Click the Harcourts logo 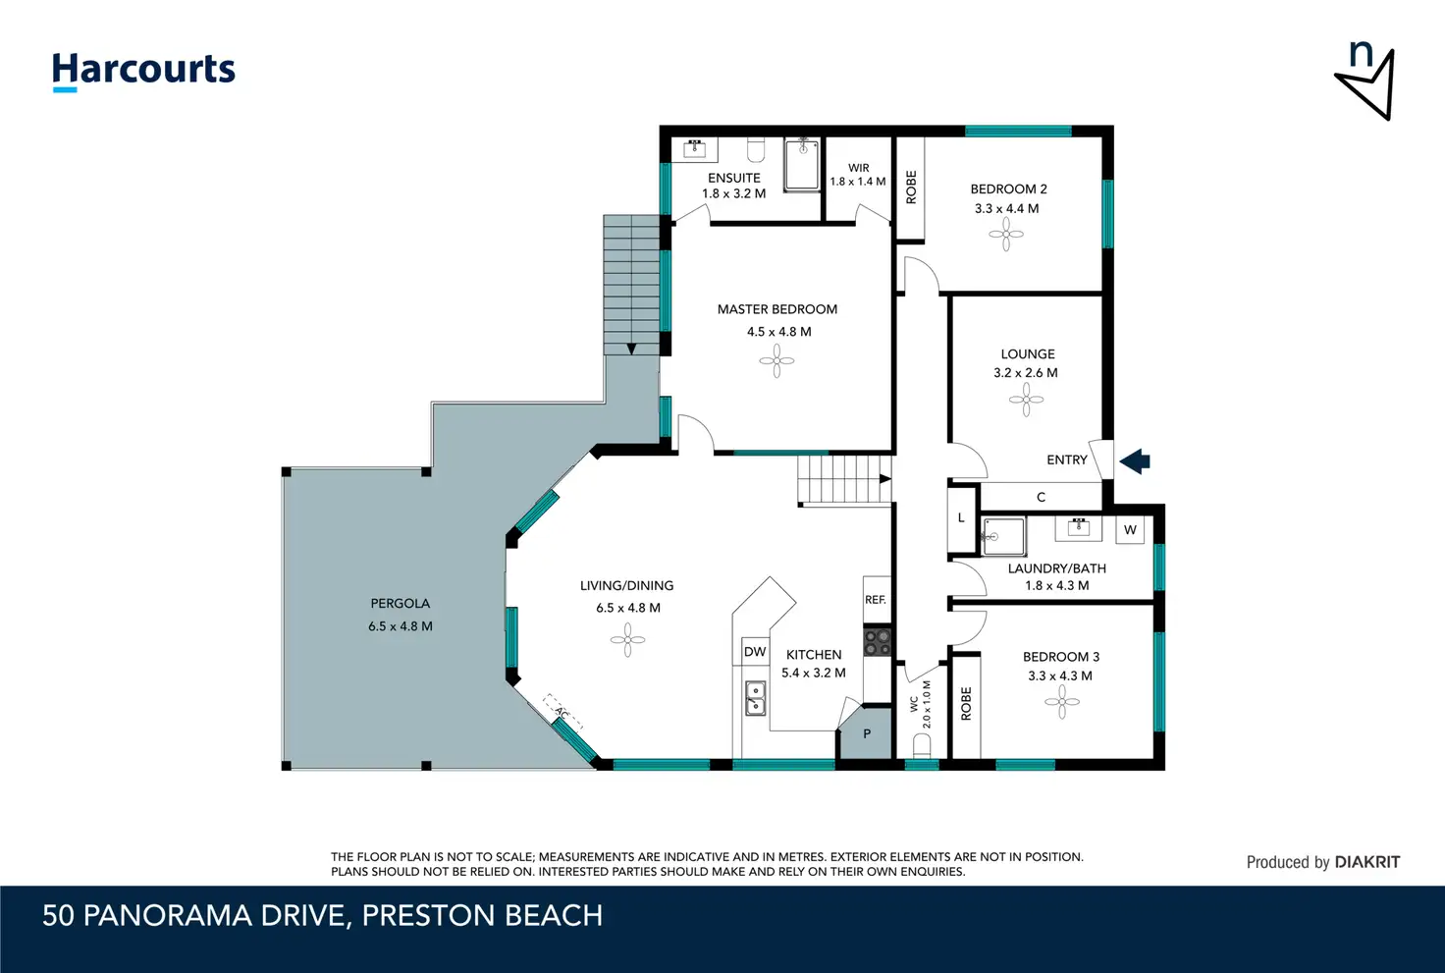tap(143, 72)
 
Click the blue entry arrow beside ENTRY tap(1135, 461)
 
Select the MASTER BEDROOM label tap(777, 309)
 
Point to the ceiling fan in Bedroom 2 tap(1005, 234)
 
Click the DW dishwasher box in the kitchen tap(755, 652)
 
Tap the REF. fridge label tap(876, 600)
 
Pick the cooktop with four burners tap(878, 641)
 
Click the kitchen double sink tap(756, 698)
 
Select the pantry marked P tap(867, 733)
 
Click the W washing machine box tap(1130, 530)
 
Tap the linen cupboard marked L tap(961, 518)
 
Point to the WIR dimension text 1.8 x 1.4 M tap(858, 182)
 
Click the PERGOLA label tap(400, 603)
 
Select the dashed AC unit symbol tap(562, 712)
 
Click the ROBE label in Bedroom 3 tap(966, 703)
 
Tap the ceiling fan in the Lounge tap(1026, 400)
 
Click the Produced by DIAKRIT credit tap(1323, 862)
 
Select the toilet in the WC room tap(922, 746)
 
